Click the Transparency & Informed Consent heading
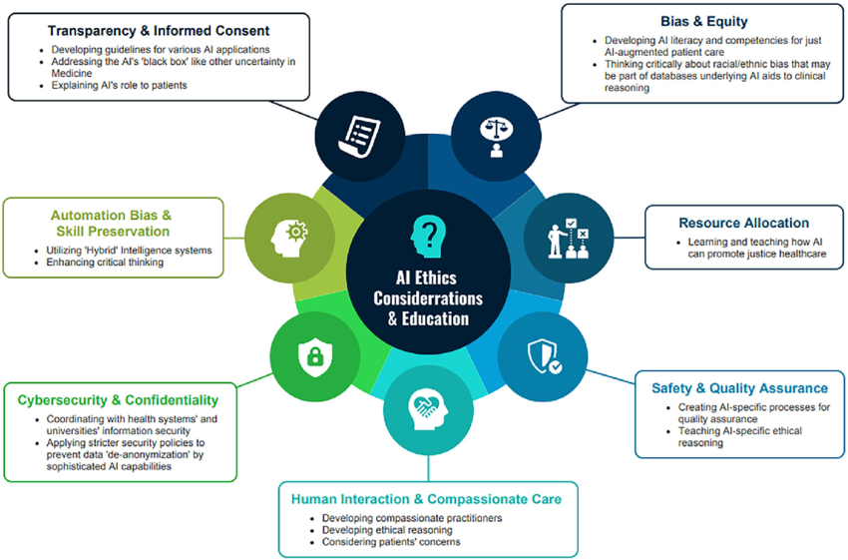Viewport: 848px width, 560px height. (159, 31)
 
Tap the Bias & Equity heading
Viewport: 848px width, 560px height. (704, 22)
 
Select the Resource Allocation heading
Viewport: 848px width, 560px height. (744, 223)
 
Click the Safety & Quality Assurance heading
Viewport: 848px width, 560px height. (739, 388)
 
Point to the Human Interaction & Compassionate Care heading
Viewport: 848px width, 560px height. (426, 499)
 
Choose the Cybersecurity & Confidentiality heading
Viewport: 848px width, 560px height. (118, 400)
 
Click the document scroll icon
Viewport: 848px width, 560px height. (359, 137)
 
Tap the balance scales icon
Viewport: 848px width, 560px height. (497, 137)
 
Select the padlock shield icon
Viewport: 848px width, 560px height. (315, 357)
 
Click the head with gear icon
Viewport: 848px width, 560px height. (288, 238)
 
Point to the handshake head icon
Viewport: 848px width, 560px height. (429, 409)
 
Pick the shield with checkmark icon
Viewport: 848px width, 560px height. (544, 356)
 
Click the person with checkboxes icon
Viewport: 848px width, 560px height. (568, 238)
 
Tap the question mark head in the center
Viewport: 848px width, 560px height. (428, 237)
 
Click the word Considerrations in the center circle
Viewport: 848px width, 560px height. (428, 298)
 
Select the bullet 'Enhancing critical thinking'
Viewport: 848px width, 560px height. (105, 263)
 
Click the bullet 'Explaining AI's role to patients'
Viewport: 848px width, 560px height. (119, 86)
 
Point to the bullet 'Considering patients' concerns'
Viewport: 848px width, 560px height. (391, 542)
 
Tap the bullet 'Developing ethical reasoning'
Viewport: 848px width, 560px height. (387, 530)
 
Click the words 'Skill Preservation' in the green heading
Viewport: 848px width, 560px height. (113, 232)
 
